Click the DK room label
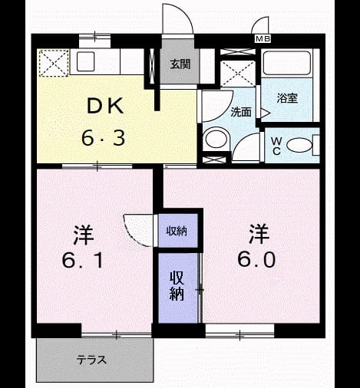(105, 106)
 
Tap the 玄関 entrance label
(180, 64)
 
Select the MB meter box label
(263, 39)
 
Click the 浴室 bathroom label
(287, 98)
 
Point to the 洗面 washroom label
(241, 112)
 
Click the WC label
(276, 146)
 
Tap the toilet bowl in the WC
(299, 145)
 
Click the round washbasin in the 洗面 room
(216, 139)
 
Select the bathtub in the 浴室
(287, 63)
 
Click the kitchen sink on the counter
(85, 61)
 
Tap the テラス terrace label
(91, 360)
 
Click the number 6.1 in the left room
(82, 261)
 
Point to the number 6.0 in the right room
(256, 259)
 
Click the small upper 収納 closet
(178, 231)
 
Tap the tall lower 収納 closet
(178, 288)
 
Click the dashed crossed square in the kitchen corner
(54, 63)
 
